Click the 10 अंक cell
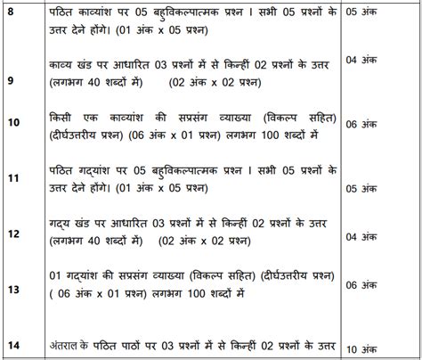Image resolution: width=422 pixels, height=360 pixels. pos(373,349)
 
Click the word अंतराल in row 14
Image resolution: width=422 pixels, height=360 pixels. pos(67,345)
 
